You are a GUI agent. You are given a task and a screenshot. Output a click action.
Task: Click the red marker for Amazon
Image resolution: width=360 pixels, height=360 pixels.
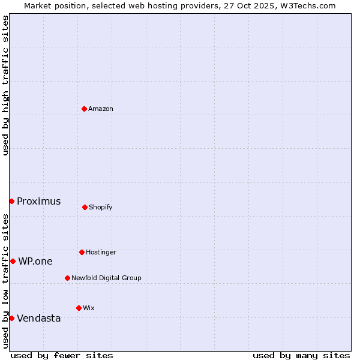(85, 109)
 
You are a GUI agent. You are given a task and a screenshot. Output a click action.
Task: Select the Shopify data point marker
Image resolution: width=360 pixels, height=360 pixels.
(85, 207)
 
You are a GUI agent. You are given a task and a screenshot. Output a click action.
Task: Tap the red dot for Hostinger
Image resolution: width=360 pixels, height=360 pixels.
(82, 252)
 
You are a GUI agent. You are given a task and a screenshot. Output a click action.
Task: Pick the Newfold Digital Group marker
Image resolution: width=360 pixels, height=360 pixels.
(67, 278)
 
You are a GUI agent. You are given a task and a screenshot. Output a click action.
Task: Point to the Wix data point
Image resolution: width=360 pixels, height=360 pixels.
(79, 308)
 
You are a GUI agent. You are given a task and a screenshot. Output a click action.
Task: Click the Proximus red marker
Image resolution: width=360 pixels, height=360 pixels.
(11, 201)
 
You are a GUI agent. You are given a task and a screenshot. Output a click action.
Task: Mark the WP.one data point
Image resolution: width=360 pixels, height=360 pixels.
(13, 261)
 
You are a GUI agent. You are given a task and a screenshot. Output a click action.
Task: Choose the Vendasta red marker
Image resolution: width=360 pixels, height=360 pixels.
(11, 318)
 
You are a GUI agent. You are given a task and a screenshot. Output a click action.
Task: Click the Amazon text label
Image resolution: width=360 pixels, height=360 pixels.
(101, 109)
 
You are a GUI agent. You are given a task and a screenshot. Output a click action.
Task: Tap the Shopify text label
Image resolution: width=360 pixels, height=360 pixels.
(101, 207)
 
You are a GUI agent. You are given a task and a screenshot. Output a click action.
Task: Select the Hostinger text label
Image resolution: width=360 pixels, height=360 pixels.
(101, 252)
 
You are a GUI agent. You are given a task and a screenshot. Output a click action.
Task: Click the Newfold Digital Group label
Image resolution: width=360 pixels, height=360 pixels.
(106, 278)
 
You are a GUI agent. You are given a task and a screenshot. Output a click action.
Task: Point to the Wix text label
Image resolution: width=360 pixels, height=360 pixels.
(89, 308)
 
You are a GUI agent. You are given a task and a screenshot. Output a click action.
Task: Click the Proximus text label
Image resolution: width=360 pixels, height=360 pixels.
(38, 202)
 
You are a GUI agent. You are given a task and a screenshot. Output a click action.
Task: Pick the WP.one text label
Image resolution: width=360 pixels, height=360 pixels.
(35, 262)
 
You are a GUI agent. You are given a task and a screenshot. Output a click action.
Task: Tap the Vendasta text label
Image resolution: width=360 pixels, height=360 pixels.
(38, 319)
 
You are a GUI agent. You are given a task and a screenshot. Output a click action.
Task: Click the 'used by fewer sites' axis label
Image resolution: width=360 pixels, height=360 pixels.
(62, 355)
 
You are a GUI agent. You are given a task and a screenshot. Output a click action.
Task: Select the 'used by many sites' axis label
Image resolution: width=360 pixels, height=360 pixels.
(301, 355)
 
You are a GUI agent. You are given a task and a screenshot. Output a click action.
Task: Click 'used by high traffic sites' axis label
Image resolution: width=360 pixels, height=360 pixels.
(5, 85)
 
